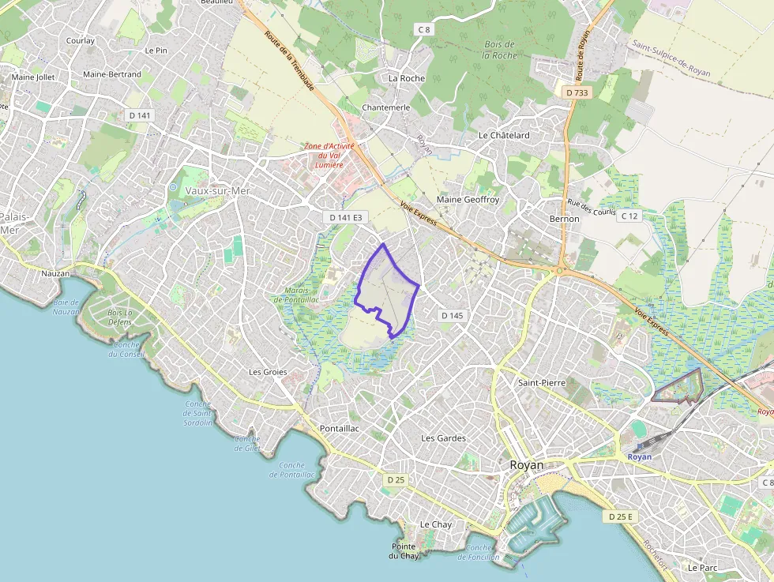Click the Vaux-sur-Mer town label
[x=217, y=190]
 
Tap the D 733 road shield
[x=577, y=92]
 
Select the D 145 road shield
[x=452, y=315]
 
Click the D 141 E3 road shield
[x=347, y=216]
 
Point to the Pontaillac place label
[x=340, y=428]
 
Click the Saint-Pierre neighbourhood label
[x=542, y=382]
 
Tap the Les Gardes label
[x=443, y=437]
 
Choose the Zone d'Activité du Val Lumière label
[x=330, y=156]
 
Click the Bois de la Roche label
[x=498, y=50]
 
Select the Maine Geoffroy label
[x=468, y=200]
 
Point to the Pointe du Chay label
[x=404, y=550]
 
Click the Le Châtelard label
[x=504, y=135]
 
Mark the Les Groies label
[x=268, y=371]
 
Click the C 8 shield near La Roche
[x=424, y=30]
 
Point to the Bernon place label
[x=564, y=219]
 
